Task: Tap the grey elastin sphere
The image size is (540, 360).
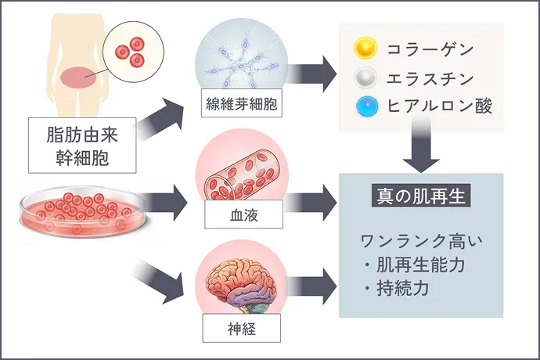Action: tap(365, 78)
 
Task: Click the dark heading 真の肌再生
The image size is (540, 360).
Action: tap(419, 195)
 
